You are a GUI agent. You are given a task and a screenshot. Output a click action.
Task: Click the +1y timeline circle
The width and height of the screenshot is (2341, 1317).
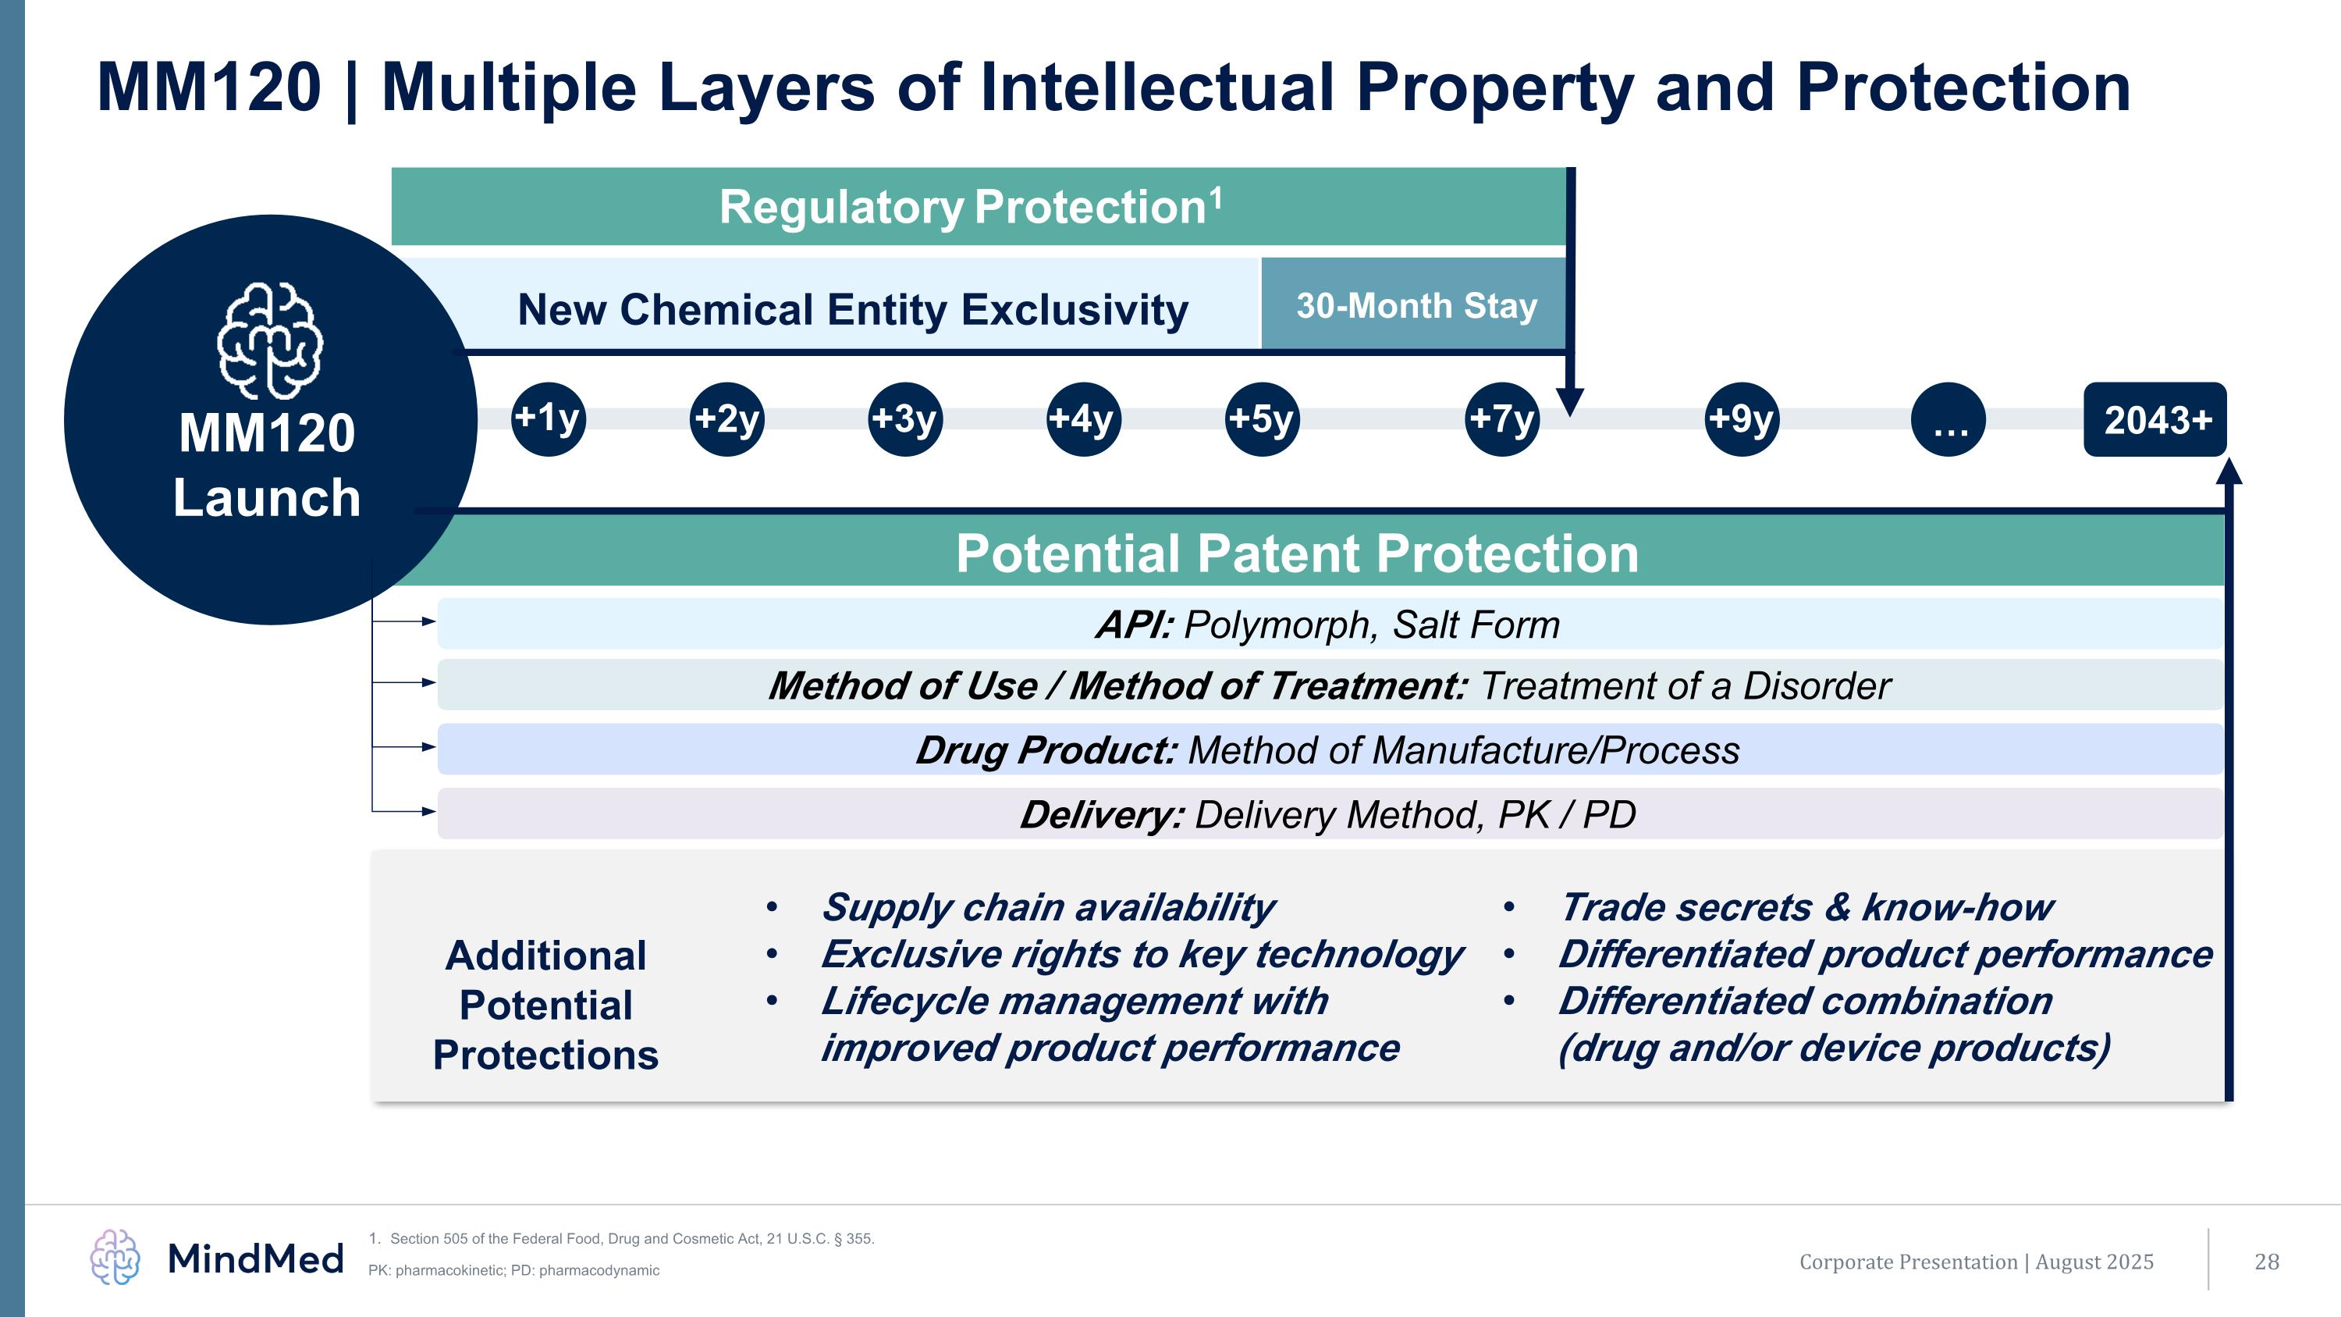(x=548, y=419)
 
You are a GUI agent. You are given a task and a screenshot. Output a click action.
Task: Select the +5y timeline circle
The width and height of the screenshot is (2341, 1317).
(x=1261, y=419)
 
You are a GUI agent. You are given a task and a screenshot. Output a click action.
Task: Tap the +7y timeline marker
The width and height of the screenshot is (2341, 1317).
(x=1501, y=419)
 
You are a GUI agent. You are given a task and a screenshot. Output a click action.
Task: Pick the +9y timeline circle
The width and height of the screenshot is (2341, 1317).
(x=1741, y=419)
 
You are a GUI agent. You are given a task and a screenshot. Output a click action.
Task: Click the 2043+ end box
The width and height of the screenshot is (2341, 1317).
(x=2155, y=420)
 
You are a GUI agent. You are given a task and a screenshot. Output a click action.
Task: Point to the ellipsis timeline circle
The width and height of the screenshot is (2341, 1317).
(x=1948, y=419)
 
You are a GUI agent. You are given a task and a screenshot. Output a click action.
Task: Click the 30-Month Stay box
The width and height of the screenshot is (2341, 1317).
(x=1414, y=305)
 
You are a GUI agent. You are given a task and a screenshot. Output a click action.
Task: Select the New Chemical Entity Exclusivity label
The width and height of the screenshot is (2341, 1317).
(x=852, y=309)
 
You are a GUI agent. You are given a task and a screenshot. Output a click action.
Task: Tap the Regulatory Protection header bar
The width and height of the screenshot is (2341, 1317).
(x=978, y=206)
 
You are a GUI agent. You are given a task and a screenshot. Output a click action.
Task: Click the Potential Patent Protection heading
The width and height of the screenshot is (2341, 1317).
(x=1297, y=553)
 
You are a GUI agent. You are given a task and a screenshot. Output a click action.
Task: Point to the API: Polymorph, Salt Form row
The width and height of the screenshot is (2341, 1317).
(x=1329, y=625)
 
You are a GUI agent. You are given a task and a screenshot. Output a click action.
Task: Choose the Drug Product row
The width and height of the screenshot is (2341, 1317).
(x=1329, y=750)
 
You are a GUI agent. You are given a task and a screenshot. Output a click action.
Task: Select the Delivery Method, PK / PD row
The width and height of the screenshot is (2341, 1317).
(x=1329, y=814)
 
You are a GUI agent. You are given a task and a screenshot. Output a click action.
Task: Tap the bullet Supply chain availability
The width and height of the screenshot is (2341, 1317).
(x=1047, y=907)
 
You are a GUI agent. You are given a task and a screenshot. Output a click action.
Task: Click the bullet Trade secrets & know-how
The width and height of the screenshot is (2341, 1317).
(x=1805, y=907)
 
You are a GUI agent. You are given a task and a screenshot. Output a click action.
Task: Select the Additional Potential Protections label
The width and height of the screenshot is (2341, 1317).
(x=545, y=1006)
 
